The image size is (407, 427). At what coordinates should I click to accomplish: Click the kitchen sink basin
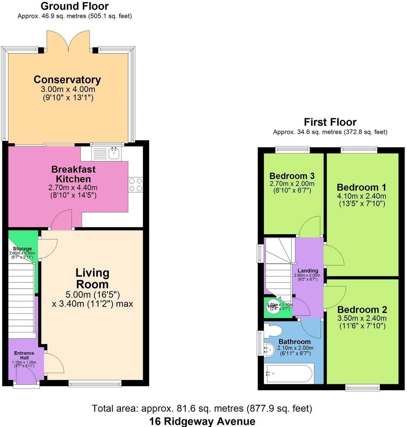114,154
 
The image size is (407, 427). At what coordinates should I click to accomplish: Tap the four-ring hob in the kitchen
136,185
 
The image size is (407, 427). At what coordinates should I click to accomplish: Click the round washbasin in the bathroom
269,349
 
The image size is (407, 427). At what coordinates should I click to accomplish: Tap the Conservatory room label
67,80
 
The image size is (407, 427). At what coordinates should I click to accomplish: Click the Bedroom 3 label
292,176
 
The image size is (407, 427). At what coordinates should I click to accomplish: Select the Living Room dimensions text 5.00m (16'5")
93,295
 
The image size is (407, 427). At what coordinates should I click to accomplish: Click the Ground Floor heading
75,6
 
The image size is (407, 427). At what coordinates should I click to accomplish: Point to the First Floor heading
330,122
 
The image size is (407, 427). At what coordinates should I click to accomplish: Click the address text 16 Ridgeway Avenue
202,421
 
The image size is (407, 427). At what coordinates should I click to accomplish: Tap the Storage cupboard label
22,249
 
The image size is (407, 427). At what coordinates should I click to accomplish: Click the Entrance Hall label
24,355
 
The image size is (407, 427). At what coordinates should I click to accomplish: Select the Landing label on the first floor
308,271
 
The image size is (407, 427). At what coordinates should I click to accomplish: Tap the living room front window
95,383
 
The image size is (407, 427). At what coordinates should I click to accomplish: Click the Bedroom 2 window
362,388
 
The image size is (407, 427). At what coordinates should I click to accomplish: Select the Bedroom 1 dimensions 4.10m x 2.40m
362,196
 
